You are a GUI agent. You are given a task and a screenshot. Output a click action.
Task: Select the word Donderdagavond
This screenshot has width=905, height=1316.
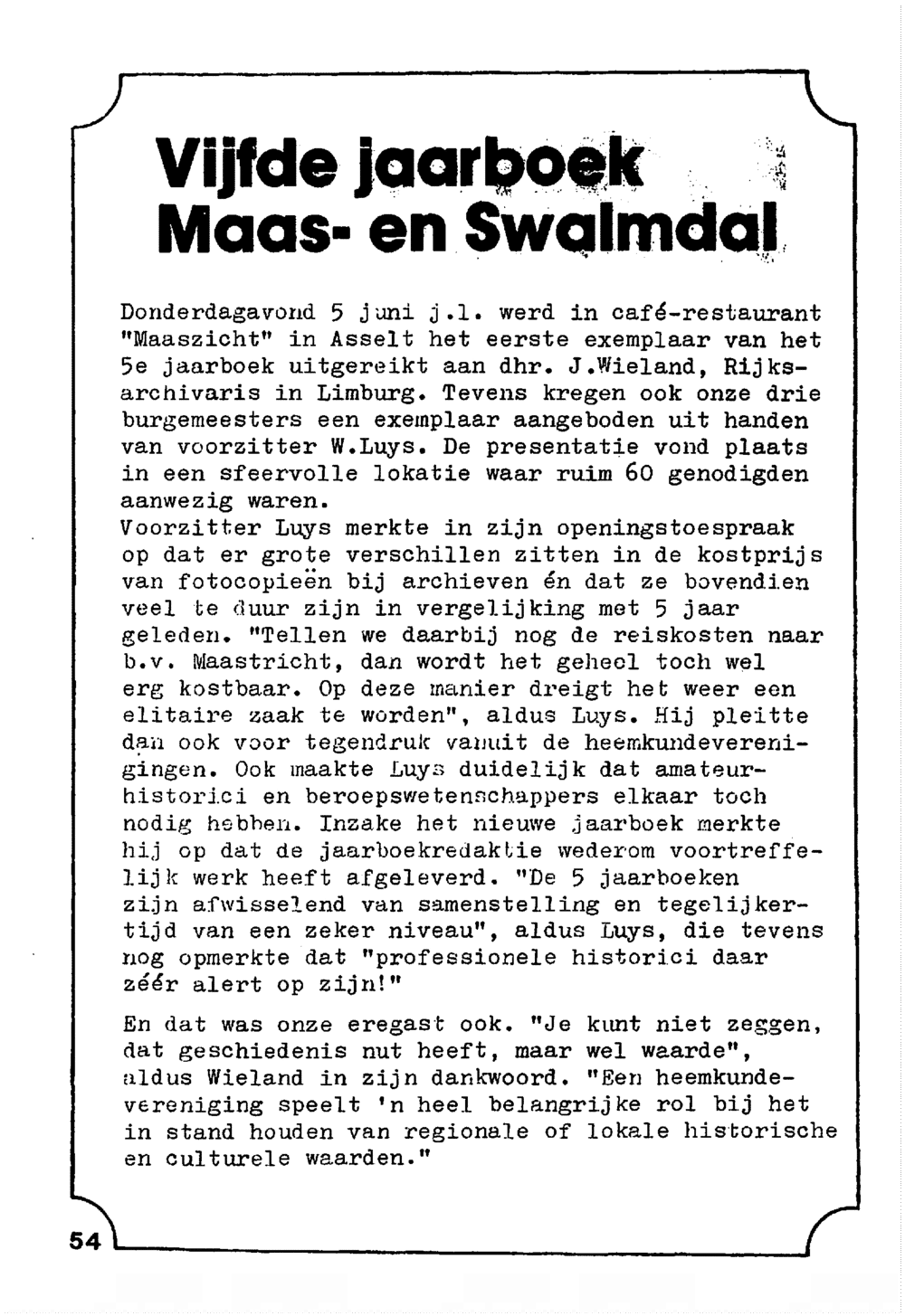coord(218,314)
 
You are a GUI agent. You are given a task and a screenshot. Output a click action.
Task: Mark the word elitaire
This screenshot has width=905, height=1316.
coord(176,715)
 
